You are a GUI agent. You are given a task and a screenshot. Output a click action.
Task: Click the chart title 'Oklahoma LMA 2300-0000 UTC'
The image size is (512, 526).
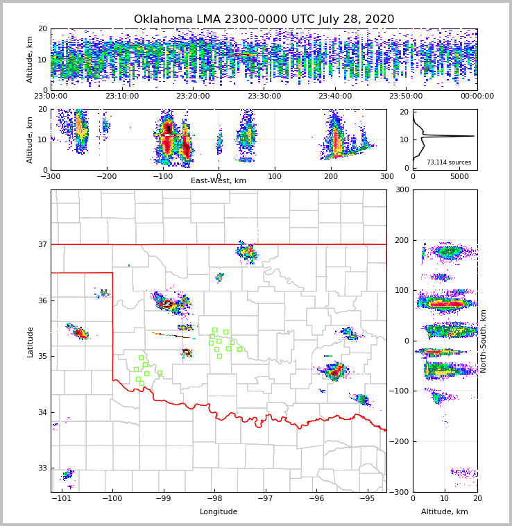(264, 19)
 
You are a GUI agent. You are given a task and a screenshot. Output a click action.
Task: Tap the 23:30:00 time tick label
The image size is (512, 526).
(264, 96)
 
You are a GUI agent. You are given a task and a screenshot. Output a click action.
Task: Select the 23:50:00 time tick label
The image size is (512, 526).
(406, 96)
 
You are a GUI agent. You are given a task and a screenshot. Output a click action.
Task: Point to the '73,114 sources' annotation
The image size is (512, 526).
(448, 162)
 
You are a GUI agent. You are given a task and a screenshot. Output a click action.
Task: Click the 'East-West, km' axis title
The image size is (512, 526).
(219, 181)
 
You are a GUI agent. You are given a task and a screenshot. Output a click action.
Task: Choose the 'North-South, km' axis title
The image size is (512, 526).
(484, 341)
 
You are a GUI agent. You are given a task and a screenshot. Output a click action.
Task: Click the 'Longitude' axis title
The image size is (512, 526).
(219, 512)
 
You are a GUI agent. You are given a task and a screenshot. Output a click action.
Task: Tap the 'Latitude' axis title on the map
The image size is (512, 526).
(30, 341)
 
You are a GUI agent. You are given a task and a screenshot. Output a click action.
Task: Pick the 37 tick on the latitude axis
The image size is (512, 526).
(42, 244)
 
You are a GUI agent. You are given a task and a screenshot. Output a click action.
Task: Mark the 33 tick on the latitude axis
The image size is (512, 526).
(42, 468)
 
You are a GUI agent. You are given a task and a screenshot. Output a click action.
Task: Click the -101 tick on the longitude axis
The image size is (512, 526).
(62, 499)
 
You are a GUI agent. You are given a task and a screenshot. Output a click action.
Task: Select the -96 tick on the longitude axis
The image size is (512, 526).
(316, 499)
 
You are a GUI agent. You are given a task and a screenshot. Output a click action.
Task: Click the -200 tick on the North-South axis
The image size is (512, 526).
(401, 441)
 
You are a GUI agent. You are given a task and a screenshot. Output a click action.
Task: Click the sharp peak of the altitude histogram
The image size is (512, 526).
(473, 136)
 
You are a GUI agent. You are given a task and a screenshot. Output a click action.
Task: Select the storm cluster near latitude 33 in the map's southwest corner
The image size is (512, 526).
(67, 475)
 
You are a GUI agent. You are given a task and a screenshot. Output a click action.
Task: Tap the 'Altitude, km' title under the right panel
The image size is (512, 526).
(445, 512)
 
